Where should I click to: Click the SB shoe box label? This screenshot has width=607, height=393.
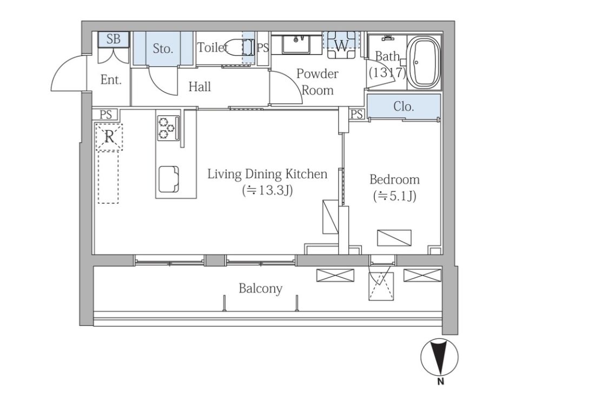pyautogui.click(x=114, y=39)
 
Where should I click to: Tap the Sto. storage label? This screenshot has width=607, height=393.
pyautogui.click(x=163, y=48)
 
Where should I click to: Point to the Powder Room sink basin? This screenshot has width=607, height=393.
pyautogui.click(x=296, y=44)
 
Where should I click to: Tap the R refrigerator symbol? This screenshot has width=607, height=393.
pyautogui.click(x=109, y=137)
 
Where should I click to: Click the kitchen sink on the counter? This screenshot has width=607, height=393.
pyautogui.click(x=169, y=179)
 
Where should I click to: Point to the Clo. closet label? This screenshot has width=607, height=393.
pyautogui.click(x=404, y=106)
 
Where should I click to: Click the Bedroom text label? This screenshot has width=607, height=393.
pyautogui.click(x=394, y=179)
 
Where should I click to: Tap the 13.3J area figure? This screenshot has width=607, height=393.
pyautogui.click(x=267, y=191)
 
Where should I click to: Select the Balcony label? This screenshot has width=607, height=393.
pyautogui.click(x=260, y=289)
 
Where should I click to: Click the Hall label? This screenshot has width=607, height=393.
pyautogui.click(x=200, y=86)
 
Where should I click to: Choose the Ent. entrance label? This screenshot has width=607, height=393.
pyautogui.click(x=111, y=80)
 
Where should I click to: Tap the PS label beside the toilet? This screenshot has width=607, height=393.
pyautogui.click(x=263, y=48)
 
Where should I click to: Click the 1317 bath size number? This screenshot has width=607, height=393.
pyautogui.click(x=387, y=72)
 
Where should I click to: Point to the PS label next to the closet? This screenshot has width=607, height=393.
pyautogui.click(x=357, y=114)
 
